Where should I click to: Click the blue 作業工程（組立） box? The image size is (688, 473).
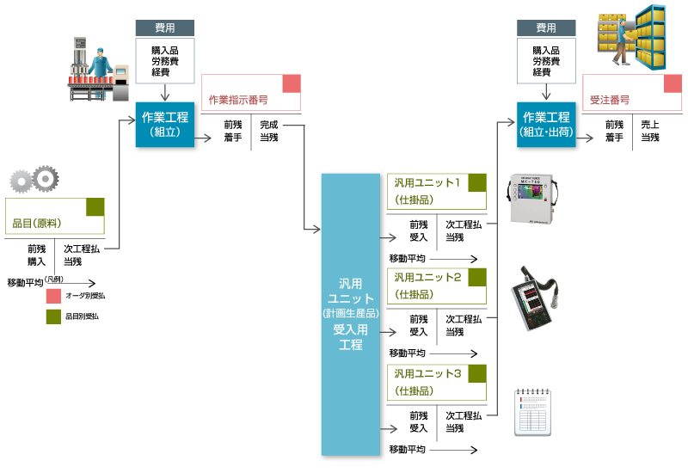pyautogui.click(x=165, y=125)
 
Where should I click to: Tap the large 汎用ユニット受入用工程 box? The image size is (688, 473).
pyautogui.click(x=350, y=315)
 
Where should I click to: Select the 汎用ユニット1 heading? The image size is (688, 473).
pyautogui.click(x=427, y=182)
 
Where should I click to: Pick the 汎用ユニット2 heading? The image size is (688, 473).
pyautogui.click(x=427, y=277)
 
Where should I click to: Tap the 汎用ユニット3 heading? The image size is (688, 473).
pyautogui.click(x=427, y=373)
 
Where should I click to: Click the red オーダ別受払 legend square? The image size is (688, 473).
pyautogui.click(x=53, y=296)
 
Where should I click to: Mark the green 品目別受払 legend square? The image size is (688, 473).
pyautogui.click(x=53, y=316)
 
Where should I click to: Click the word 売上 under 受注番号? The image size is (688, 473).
pyautogui.click(x=650, y=125)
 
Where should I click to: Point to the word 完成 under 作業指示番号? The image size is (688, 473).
pyautogui.click(x=268, y=125)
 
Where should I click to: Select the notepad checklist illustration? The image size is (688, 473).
pyautogui.click(x=531, y=414)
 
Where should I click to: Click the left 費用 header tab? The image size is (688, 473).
pyautogui.click(x=165, y=28)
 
